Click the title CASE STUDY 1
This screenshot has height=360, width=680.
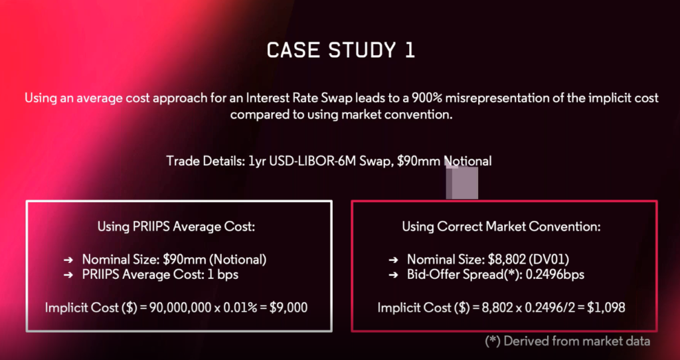341,50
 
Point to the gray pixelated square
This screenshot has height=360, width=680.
462,181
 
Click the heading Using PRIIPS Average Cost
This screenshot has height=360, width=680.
175,226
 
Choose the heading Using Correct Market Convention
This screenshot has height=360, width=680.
501,226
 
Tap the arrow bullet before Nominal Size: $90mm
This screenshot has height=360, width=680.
68,260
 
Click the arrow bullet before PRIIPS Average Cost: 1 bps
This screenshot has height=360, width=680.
68,275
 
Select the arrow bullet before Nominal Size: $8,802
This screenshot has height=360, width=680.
393,260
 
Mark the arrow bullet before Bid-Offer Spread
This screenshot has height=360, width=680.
393,275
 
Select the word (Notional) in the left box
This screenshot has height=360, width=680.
240,260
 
